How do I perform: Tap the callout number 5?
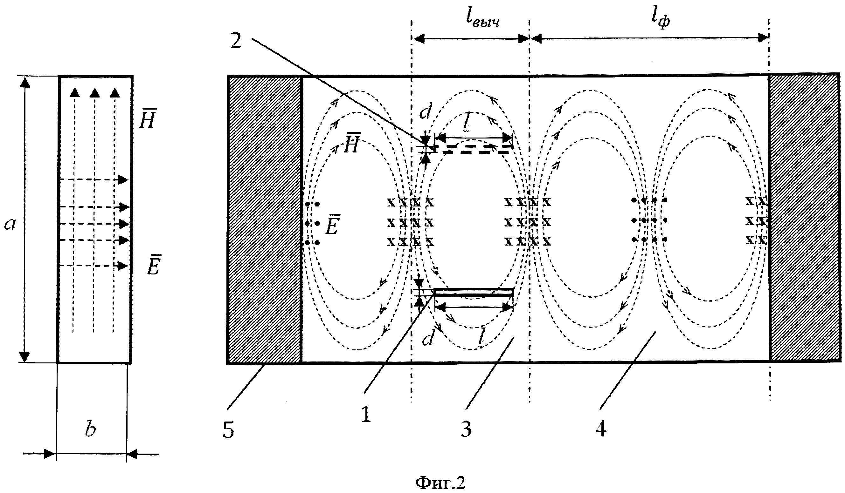point(228,430)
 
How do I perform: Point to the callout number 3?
point(467,429)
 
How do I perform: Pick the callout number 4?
point(601,429)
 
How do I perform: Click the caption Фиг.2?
point(440,483)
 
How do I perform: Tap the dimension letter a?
point(10,224)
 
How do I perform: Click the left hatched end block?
point(265,219)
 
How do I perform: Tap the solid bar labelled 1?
point(474,292)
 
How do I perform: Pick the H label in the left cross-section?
point(147,119)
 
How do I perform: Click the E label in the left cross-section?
point(154,265)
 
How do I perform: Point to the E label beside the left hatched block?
point(332,224)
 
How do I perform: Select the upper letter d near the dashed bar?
point(426,112)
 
